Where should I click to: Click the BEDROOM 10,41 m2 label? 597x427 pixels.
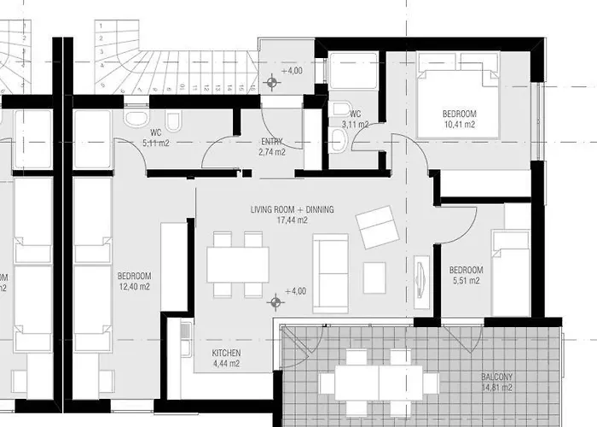pos(459,119)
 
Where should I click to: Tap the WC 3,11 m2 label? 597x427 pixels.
pos(356,120)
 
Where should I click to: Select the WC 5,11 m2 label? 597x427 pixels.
pos(156,138)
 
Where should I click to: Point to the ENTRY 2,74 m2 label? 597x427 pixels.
pos(272,147)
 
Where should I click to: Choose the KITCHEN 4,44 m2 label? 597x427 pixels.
pos(226,358)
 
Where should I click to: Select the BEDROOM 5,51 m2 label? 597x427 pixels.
pos(466,273)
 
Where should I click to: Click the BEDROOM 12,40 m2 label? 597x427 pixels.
pos(134,281)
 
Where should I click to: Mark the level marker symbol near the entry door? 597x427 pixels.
pos(273,83)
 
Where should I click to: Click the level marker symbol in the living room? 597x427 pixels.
pos(275,301)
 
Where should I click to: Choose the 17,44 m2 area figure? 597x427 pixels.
pos(292,220)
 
